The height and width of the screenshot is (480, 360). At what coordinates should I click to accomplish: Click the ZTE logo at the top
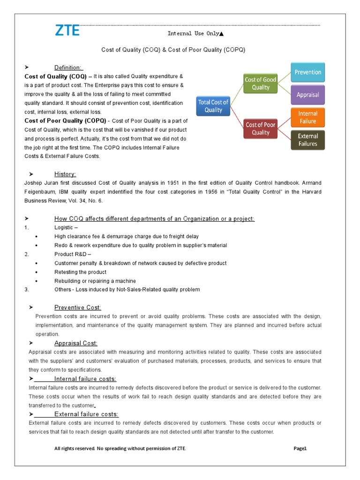[67, 31]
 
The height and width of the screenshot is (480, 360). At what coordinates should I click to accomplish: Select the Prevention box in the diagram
[307, 72]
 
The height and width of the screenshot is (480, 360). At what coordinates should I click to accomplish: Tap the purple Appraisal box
[307, 95]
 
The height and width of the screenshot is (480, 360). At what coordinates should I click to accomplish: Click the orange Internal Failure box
[307, 117]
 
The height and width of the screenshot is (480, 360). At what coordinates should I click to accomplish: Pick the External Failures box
[307, 140]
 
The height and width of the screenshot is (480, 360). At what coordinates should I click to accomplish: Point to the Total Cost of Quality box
[213, 106]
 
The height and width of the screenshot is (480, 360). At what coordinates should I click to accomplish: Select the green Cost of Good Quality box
[261, 83]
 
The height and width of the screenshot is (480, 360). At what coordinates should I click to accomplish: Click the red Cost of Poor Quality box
[261, 128]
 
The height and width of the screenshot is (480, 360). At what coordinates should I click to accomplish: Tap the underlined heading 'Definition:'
[68, 67]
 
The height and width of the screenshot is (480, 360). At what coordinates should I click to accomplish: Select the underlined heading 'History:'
[65, 174]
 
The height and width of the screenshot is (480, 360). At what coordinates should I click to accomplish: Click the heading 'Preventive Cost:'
[77, 307]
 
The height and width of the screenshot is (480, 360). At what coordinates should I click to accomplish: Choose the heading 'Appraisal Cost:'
[76, 343]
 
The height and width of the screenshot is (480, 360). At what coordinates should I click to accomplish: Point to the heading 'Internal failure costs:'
[85, 379]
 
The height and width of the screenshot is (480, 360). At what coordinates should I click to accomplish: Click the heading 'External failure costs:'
[86, 414]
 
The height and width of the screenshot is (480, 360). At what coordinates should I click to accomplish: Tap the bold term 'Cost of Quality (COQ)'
[55, 76]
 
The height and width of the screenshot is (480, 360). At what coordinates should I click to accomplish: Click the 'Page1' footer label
[300, 449]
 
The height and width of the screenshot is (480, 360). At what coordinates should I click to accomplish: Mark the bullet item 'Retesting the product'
[80, 272]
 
